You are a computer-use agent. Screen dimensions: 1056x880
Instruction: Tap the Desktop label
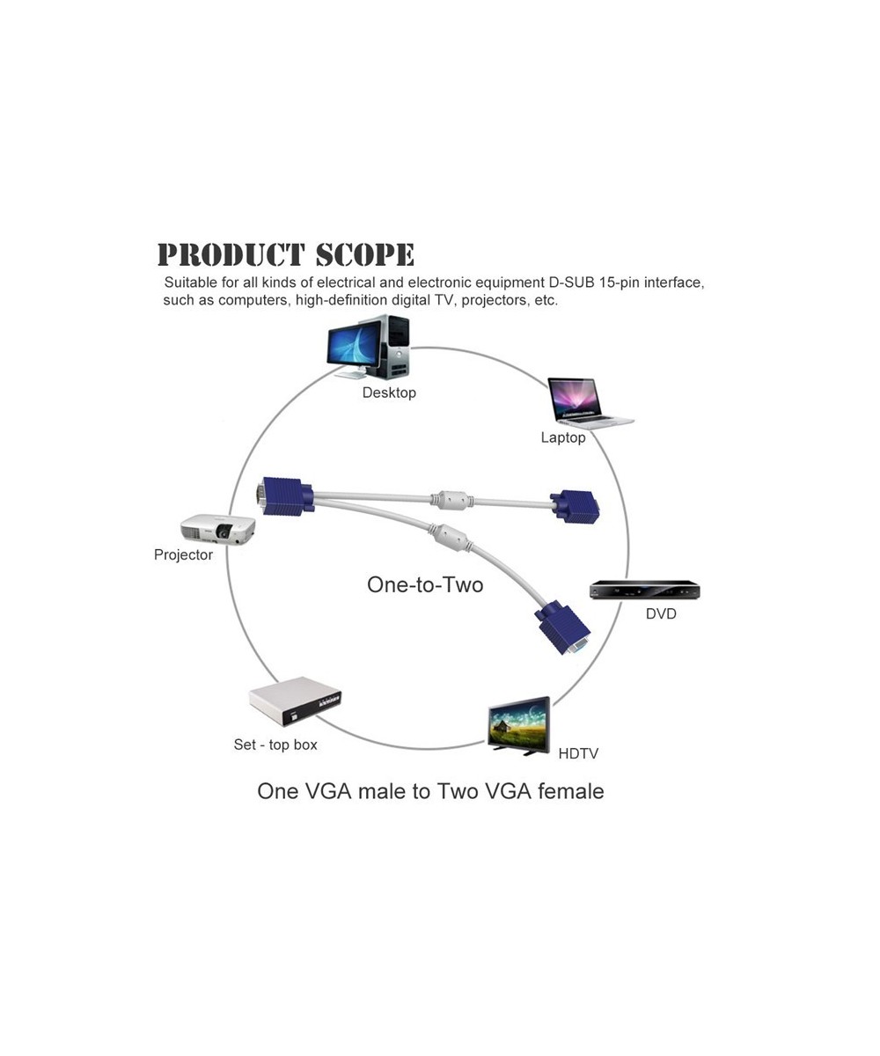pyautogui.click(x=389, y=392)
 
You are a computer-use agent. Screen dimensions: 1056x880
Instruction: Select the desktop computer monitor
pyautogui.click(x=355, y=346)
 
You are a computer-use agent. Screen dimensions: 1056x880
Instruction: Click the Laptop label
pyautogui.click(x=563, y=437)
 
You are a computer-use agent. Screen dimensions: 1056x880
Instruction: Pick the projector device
pyautogui.click(x=217, y=529)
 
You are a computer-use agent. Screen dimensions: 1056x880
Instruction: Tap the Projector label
pyautogui.click(x=183, y=554)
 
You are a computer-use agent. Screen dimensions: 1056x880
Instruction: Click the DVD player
pyautogui.click(x=644, y=590)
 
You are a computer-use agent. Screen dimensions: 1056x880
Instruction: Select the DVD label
pyautogui.click(x=661, y=613)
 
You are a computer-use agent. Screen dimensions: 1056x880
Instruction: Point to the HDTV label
pyautogui.click(x=578, y=753)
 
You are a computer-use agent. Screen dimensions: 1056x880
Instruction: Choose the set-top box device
pyautogui.click(x=294, y=700)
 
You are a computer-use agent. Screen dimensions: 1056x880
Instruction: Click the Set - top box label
pyautogui.click(x=275, y=744)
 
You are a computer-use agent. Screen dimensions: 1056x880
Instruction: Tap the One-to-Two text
pyautogui.click(x=425, y=584)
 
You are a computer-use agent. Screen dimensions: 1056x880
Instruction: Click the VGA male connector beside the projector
pyautogui.click(x=284, y=495)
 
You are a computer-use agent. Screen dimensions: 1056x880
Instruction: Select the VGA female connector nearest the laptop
pyautogui.click(x=576, y=507)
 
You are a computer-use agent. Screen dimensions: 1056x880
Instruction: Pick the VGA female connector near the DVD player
pyautogui.click(x=562, y=628)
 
